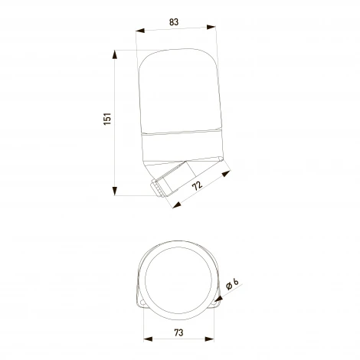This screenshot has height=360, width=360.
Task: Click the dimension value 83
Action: click(x=174, y=22)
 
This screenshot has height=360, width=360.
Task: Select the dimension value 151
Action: click(x=107, y=119)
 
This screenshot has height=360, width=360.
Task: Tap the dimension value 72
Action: click(x=197, y=185)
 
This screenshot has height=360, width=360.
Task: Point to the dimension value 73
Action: click(x=178, y=332)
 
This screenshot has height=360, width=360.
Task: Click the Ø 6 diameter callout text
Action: click(x=232, y=284)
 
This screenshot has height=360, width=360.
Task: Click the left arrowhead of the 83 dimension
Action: click(x=140, y=31)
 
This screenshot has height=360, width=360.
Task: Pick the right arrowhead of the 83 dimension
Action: click(x=211, y=27)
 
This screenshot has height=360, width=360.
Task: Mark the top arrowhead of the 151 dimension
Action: click(x=115, y=54)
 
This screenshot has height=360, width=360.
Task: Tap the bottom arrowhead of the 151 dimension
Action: click(x=115, y=191)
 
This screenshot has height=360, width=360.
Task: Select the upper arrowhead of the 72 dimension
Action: click(x=226, y=174)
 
